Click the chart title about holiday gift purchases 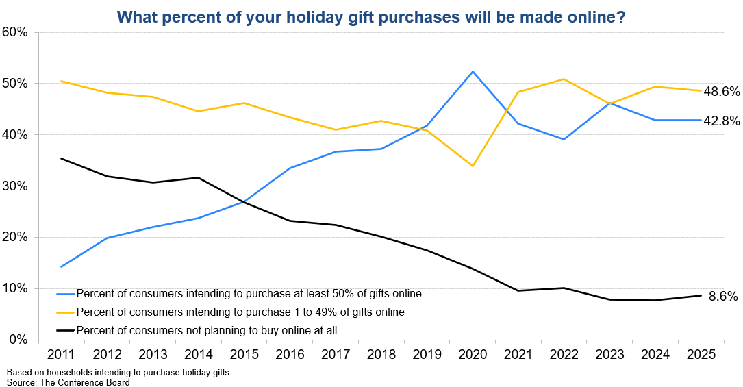coord(370,16)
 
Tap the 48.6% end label coord(722,92)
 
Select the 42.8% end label coord(722,121)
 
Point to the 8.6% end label coord(723,297)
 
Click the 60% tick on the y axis coord(14,32)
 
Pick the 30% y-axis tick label coord(14,186)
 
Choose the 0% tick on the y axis coord(17,340)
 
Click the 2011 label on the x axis coord(62,355)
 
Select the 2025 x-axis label coord(702,355)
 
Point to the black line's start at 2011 coord(62,158)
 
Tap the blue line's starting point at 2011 coord(62,266)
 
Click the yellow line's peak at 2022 coord(563,79)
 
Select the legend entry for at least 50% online coord(249,294)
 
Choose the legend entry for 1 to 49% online coord(240,312)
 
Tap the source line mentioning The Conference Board coord(68,382)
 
